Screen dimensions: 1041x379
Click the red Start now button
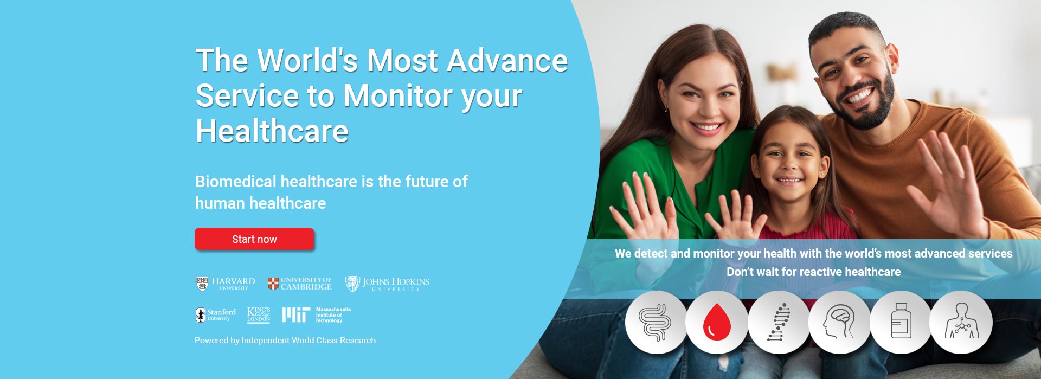point(254,239)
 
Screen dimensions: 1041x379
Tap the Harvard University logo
point(226,284)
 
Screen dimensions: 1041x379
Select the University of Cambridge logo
point(300,284)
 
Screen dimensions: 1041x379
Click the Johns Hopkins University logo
point(387,284)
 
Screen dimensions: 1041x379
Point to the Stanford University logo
point(216,315)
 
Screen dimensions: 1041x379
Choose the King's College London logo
point(259,315)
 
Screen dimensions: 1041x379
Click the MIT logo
point(317,315)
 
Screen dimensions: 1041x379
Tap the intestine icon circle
point(656,323)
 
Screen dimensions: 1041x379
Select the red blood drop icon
point(717,322)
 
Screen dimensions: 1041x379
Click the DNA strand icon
point(779,322)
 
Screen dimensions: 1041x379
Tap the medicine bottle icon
point(901,322)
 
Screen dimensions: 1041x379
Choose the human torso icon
point(961,322)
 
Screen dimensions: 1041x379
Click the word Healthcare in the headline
point(272,131)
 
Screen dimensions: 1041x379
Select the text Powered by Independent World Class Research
point(285,341)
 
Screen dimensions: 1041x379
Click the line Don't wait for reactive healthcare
point(814,272)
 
